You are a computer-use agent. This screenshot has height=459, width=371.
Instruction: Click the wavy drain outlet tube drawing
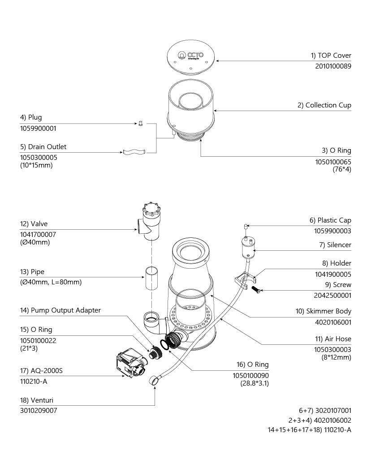click(134, 152)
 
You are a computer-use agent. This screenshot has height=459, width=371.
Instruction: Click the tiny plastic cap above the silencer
click(246, 226)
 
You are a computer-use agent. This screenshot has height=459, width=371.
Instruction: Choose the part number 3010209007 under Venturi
click(39, 410)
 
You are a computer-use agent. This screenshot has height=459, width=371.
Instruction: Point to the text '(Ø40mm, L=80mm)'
click(51, 283)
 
